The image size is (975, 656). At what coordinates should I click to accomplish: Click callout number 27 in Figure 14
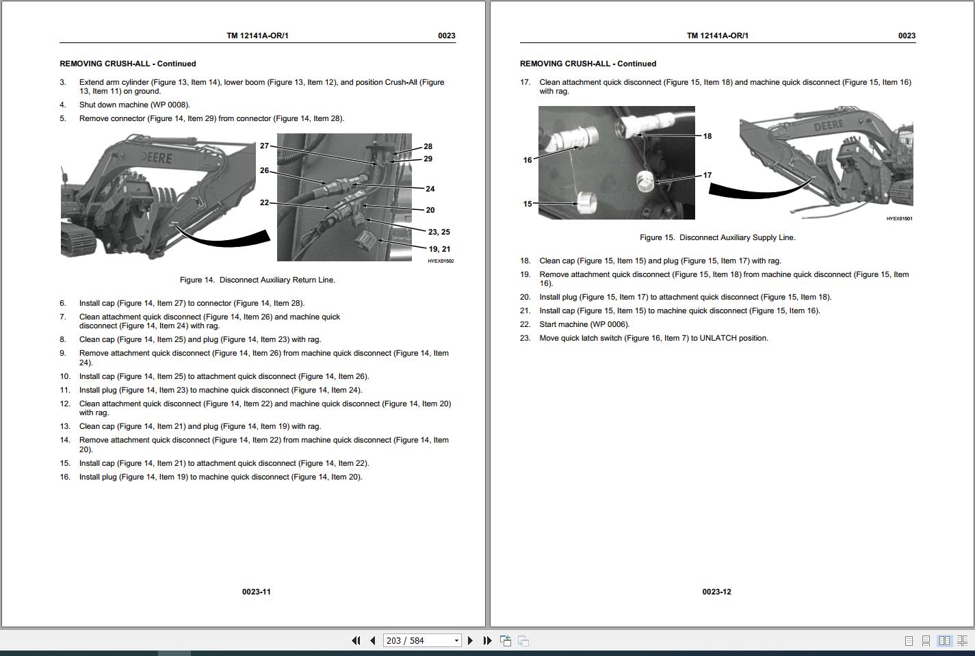click(x=264, y=146)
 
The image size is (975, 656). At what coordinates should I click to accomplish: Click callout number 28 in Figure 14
click(x=428, y=146)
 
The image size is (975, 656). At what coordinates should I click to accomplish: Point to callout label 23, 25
click(x=439, y=232)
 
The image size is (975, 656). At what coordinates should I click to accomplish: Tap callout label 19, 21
click(x=439, y=249)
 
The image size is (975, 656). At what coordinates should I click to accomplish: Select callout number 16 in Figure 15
click(x=527, y=160)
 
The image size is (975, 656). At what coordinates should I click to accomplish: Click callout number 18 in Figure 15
click(x=707, y=136)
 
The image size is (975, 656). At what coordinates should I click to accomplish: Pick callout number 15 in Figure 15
click(x=527, y=204)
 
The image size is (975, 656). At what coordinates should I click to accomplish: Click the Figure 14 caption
click(x=257, y=280)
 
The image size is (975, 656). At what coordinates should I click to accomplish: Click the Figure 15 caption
click(x=717, y=237)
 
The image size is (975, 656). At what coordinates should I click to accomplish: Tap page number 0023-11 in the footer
click(x=256, y=592)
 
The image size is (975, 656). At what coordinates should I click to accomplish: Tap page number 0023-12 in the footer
click(x=716, y=592)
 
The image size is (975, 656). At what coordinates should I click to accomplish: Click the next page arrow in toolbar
click(x=470, y=641)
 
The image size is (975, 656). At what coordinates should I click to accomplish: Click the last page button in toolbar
click(x=487, y=641)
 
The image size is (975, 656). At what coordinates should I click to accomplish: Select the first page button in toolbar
click(x=356, y=641)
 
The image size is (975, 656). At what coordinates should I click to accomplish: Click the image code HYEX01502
click(x=441, y=261)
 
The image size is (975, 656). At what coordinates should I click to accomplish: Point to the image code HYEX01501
click(x=899, y=219)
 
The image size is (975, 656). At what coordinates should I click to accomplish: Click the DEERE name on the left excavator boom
click(x=157, y=159)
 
